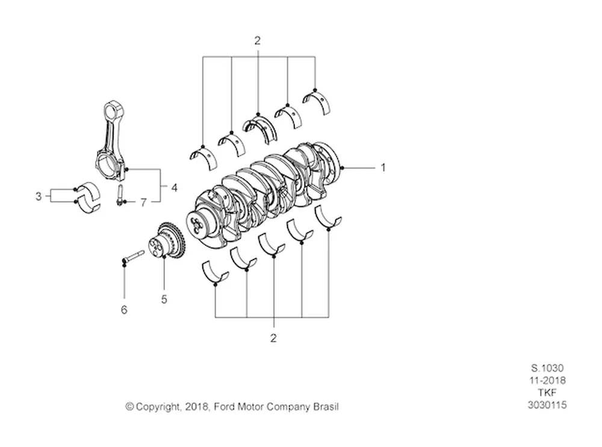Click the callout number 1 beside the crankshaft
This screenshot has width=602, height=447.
tap(382, 167)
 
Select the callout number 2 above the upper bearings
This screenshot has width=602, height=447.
tap(257, 40)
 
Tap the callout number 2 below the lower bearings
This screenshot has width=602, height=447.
tap(273, 338)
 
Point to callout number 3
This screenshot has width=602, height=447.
tap(39, 196)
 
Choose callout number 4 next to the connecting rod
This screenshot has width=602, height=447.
tap(175, 187)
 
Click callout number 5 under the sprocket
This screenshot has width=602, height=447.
tap(164, 299)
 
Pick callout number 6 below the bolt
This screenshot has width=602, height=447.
tap(124, 310)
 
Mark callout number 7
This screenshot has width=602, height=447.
tap(143, 202)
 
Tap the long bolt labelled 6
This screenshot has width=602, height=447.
tap(132, 257)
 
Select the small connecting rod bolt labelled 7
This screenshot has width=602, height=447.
tap(119, 195)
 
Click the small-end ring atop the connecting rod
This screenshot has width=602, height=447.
tap(114, 110)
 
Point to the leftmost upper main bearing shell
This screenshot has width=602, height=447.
tap(203, 157)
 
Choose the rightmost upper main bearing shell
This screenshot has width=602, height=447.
tap(317, 101)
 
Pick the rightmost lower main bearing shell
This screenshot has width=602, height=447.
tap(327, 218)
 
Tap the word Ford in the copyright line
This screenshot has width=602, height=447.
tap(224, 406)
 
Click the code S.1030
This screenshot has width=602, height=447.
tap(547, 368)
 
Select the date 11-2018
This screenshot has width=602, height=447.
tap(547, 380)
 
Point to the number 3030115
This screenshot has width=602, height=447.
tap(547, 405)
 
